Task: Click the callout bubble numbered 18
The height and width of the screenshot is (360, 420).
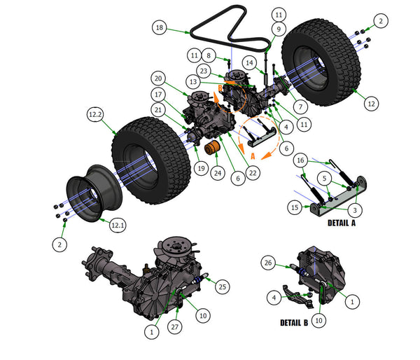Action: (x=160, y=28)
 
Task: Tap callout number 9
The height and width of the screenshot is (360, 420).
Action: (x=279, y=29)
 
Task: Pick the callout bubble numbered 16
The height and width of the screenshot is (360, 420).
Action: (x=300, y=160)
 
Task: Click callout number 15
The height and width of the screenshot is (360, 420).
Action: (x=296, y=207)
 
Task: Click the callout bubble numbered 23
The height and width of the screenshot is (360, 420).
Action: (x=204, y=70)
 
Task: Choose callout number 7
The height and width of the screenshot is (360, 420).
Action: (x=300, y=107)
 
